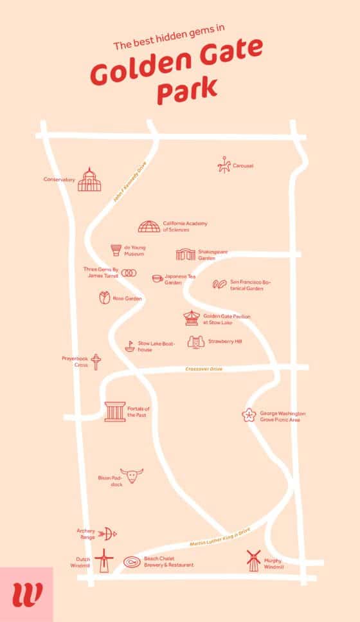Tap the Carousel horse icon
click(223, 165)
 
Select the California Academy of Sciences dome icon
click(148, 226)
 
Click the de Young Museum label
click(134, 250)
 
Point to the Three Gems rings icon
click(129, 273)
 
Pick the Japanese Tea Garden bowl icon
click(157, 279)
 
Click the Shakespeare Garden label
click(213, 255)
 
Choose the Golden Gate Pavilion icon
click(191, 318)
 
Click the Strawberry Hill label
click(224, 342)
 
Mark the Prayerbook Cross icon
click(96, 361)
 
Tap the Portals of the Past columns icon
click(115, 411)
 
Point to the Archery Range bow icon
click(109, 533)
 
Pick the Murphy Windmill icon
click(253, 561)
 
